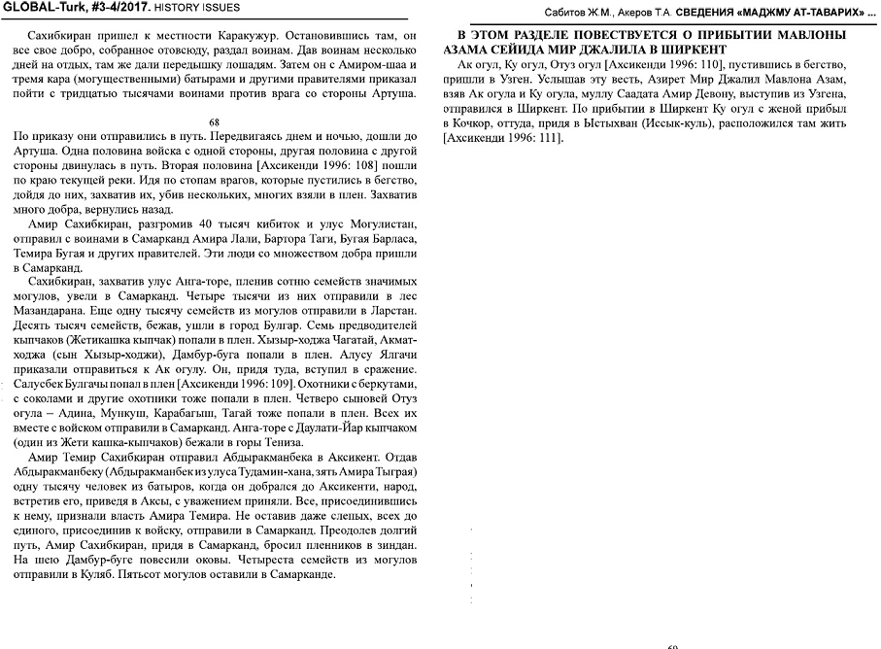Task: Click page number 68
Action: tap(214, 122)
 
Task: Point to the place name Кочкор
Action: tap(472, 124)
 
